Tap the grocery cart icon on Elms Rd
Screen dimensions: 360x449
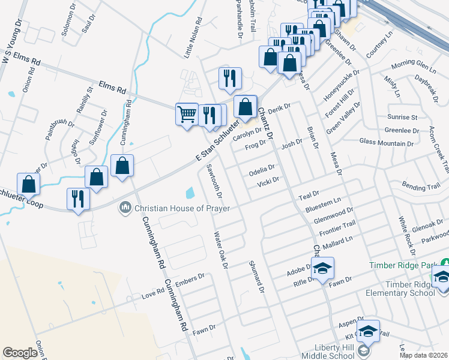187,113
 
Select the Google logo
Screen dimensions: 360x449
20,353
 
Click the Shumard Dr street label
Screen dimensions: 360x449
256,277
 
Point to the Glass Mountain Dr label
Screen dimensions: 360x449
386,143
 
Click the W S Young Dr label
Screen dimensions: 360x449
11,41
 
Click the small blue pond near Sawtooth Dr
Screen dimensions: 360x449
190,193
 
